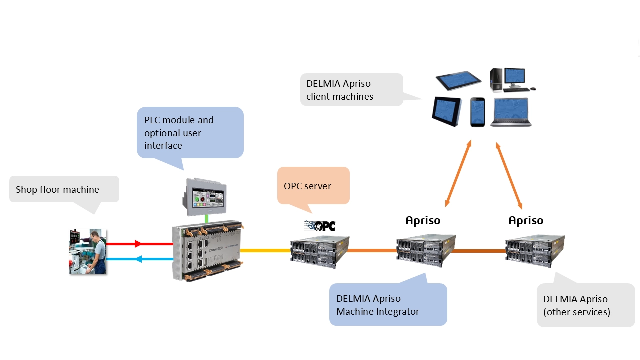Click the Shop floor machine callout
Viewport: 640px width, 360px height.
[64, 189]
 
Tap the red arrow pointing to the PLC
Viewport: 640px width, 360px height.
[139, 244]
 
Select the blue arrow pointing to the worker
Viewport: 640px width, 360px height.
[139, 259]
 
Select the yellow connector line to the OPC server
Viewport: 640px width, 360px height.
[265, 250]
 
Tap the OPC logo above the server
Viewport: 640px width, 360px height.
[320, 226]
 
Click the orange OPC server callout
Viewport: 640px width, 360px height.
[313, 185]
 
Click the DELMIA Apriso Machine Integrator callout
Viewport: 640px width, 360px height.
[388, 305]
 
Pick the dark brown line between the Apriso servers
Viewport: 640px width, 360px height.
[479, 251]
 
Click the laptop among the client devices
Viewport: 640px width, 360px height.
[510, 112]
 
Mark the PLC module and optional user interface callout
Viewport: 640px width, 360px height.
[190, 132]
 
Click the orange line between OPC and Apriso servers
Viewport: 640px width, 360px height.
[372, 250]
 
